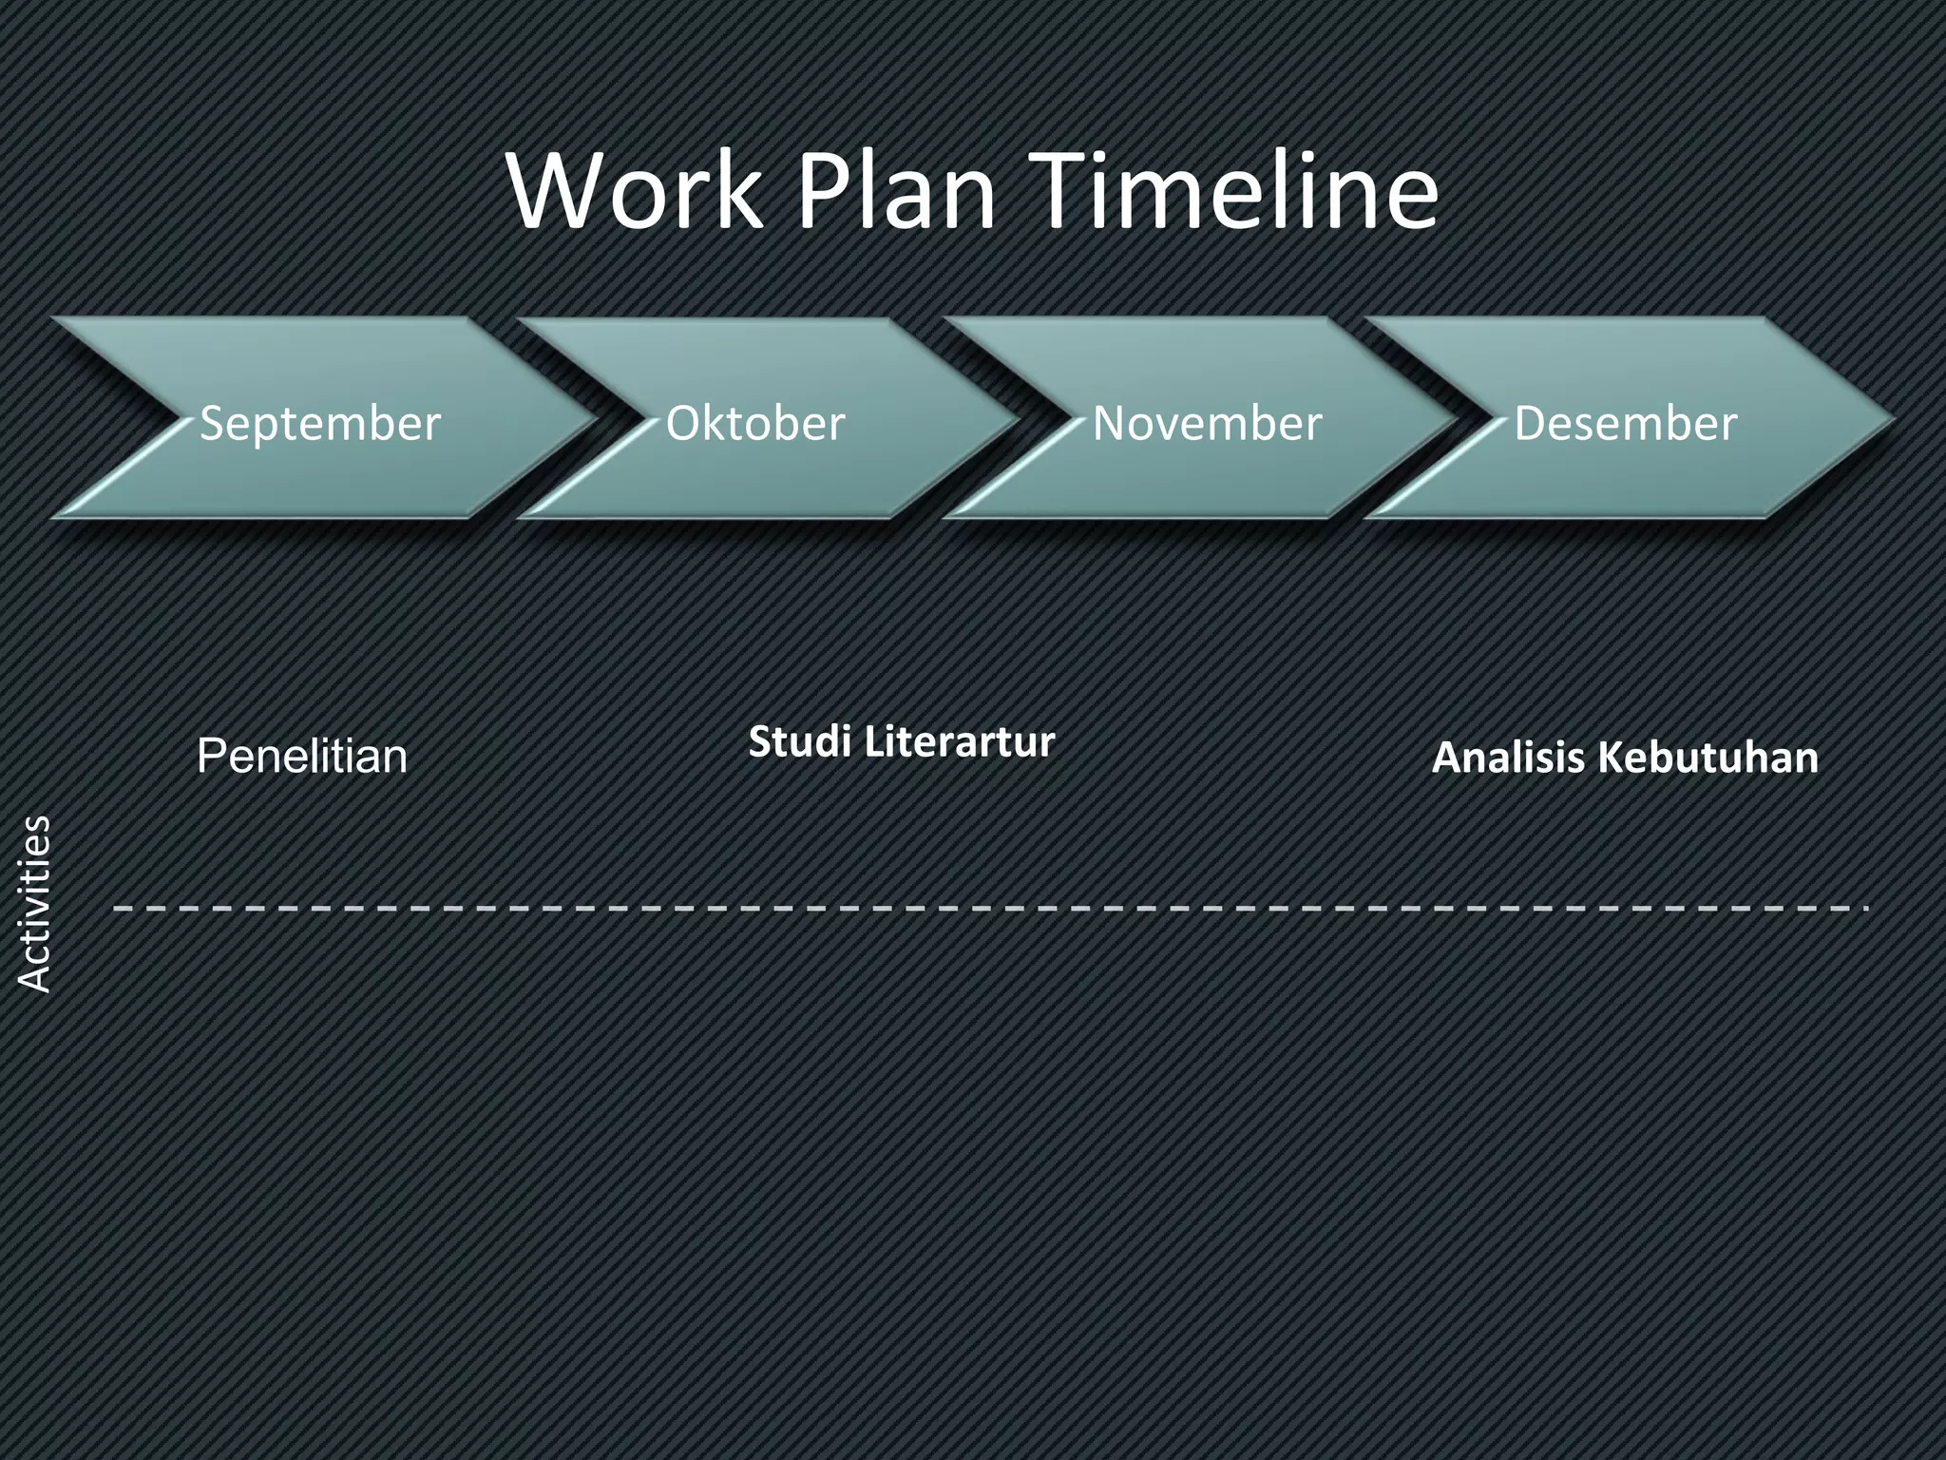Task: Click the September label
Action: click(x=320, y=423)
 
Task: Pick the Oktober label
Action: click(x=755, y=423)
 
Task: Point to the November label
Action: click(x=1207, y=423)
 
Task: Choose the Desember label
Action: click(x=1625, y=423)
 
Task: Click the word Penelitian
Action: click(x=302, y=757)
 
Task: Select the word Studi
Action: click(x=799, y=741)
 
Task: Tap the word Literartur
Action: click(x=960, y=741)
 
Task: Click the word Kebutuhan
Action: click(x=1708, y=758)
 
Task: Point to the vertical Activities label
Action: click(x=35, y=904)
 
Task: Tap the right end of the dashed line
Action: click(x=1864, y=909)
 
